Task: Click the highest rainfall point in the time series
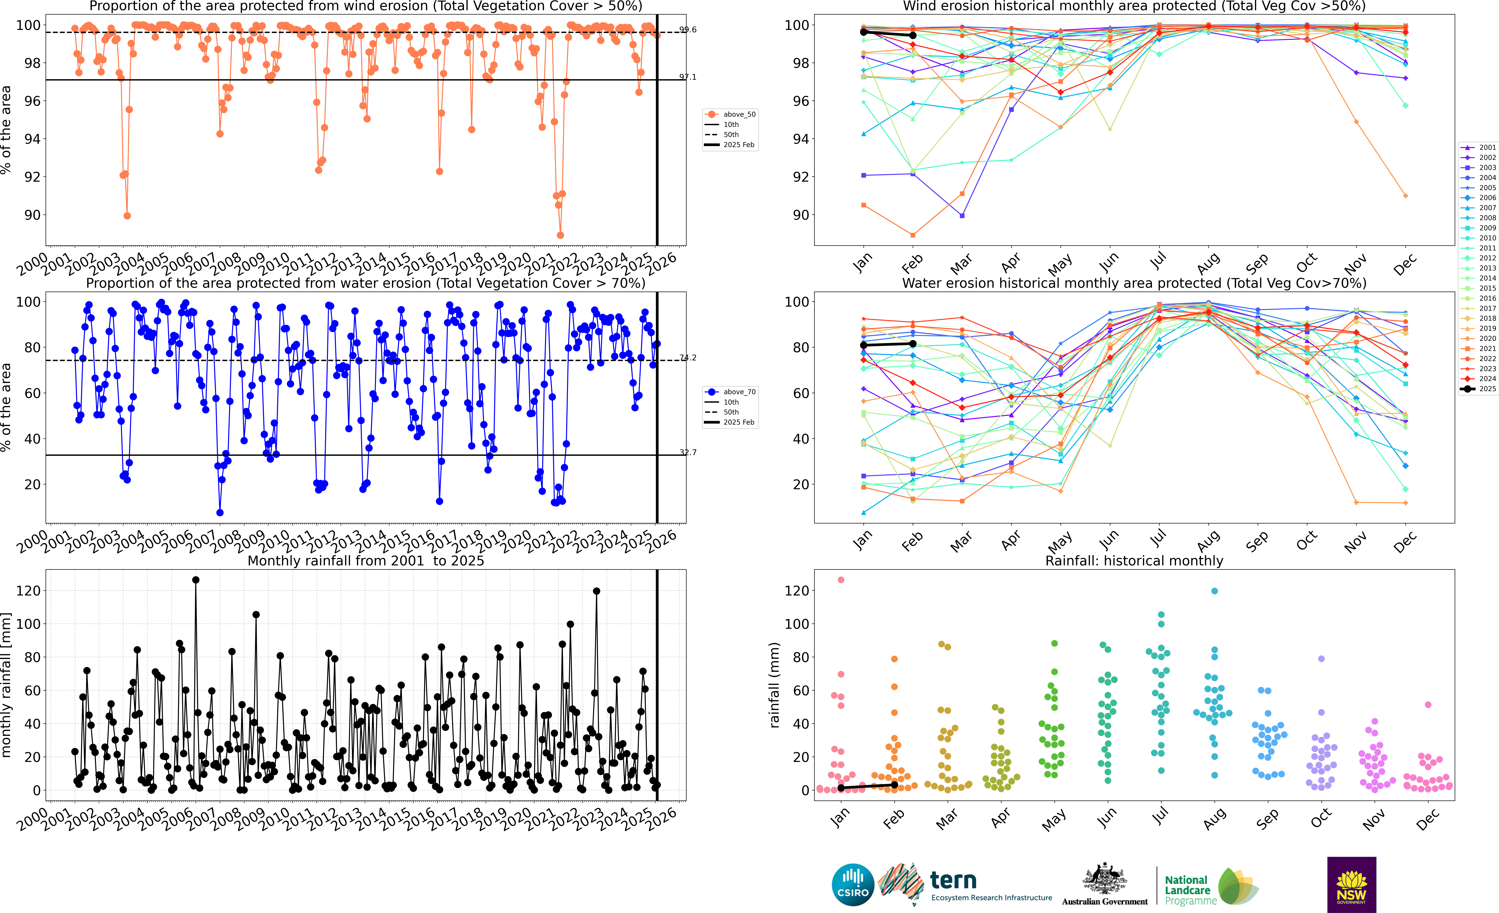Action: [x=196, y=580]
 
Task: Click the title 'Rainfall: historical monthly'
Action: [x=1134, y=561]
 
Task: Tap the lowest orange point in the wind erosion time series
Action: [x=560, y=235]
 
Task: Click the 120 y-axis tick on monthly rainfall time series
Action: [x=29, y=590]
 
